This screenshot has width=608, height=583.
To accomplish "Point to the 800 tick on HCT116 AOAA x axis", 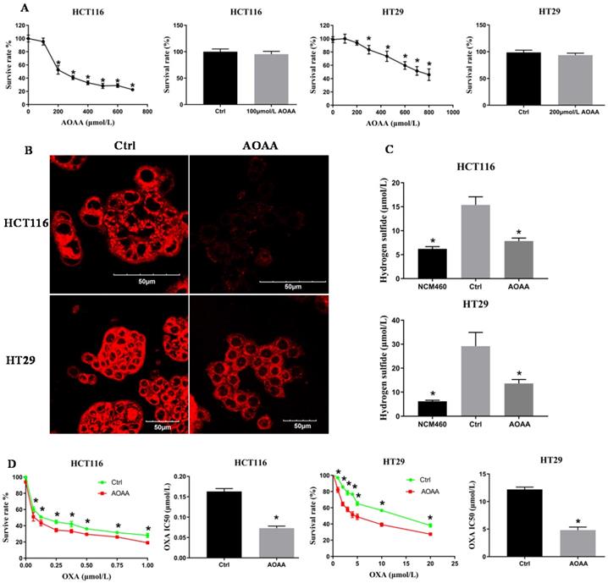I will (151, 111).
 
